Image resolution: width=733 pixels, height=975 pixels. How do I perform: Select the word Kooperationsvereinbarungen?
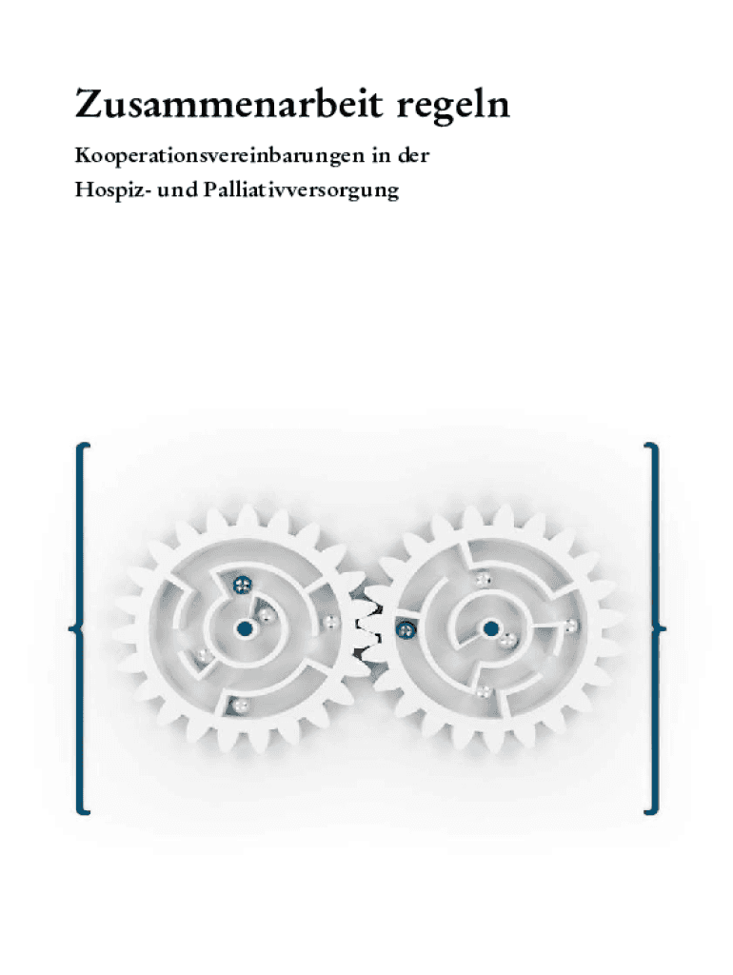(x=220, y=155)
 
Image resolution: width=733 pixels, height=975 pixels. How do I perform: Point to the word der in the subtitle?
(x=413, y=155)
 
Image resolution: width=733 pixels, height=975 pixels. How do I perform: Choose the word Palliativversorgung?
(x=301, y=190)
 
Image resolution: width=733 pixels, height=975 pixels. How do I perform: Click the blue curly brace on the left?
(x=80, y=628)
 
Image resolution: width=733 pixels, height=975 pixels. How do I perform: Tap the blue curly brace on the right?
(x=654, y=628)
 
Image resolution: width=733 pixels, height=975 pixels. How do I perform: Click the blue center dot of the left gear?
(x=245, y=628)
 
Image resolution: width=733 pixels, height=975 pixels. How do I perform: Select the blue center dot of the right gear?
(x=490, y=628)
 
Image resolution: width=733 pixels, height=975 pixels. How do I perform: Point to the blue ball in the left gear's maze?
(x=242, y=584)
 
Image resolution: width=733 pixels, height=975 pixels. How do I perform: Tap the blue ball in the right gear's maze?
(x=406, y=630)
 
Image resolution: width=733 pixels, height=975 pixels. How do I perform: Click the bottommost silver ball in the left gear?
(x=240, y=706)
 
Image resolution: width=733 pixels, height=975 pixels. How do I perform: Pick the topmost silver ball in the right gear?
(x=483, y=580)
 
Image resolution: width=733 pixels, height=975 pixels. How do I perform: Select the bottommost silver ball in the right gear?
(x=483, y=691)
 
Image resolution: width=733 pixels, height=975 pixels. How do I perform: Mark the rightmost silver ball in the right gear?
(x=570, y=625)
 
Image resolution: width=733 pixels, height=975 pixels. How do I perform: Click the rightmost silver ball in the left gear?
(x=329, y=621)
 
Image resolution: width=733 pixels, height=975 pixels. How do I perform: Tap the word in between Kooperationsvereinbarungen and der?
(x=381, y=155)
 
